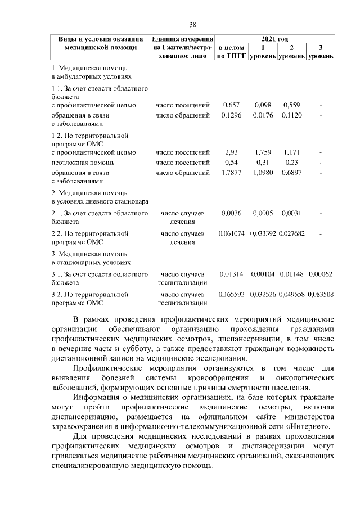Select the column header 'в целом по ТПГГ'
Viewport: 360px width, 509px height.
(231, 52)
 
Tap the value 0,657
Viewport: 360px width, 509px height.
(231, 105)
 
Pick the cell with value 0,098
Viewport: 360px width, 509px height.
(263, 105)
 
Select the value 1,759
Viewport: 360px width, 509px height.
(263, 152)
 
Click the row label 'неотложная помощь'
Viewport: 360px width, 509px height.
(79, 162)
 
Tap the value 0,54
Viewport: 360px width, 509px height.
(231, 162)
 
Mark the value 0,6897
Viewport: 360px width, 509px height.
(291, 172)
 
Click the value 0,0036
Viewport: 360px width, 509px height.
(231, 213)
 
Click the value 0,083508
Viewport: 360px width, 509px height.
(321, 294)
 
